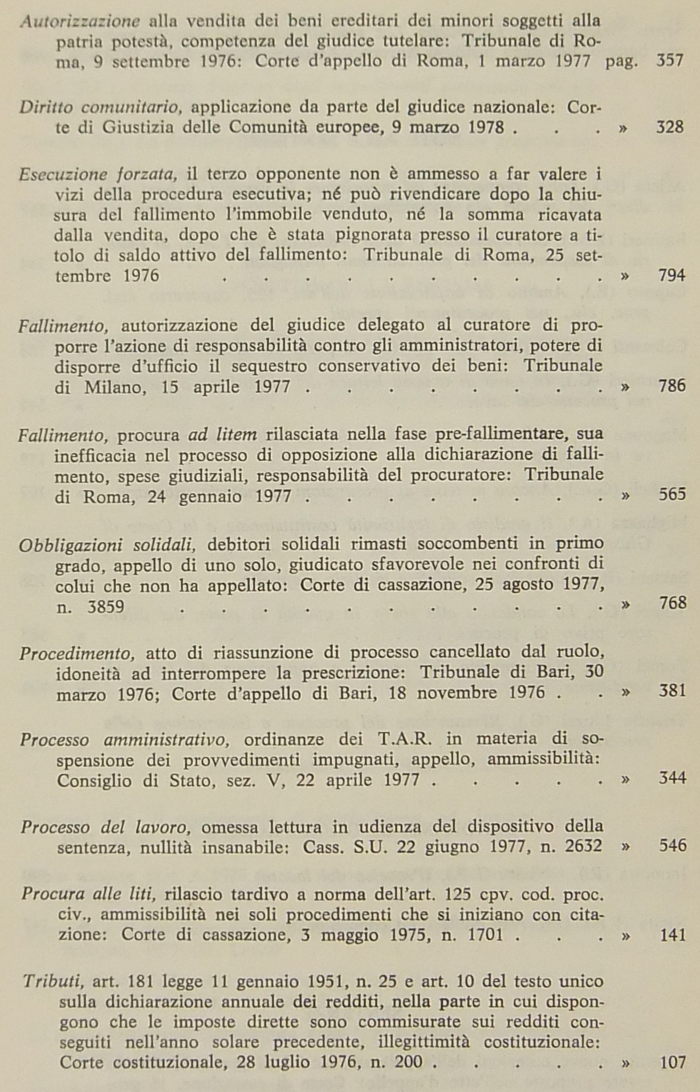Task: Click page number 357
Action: point(670,61)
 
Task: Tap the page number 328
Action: point(670,126)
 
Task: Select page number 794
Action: point(671,276)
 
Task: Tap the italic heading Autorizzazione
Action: point(80,22)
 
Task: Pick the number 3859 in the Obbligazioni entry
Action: point(106,607)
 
